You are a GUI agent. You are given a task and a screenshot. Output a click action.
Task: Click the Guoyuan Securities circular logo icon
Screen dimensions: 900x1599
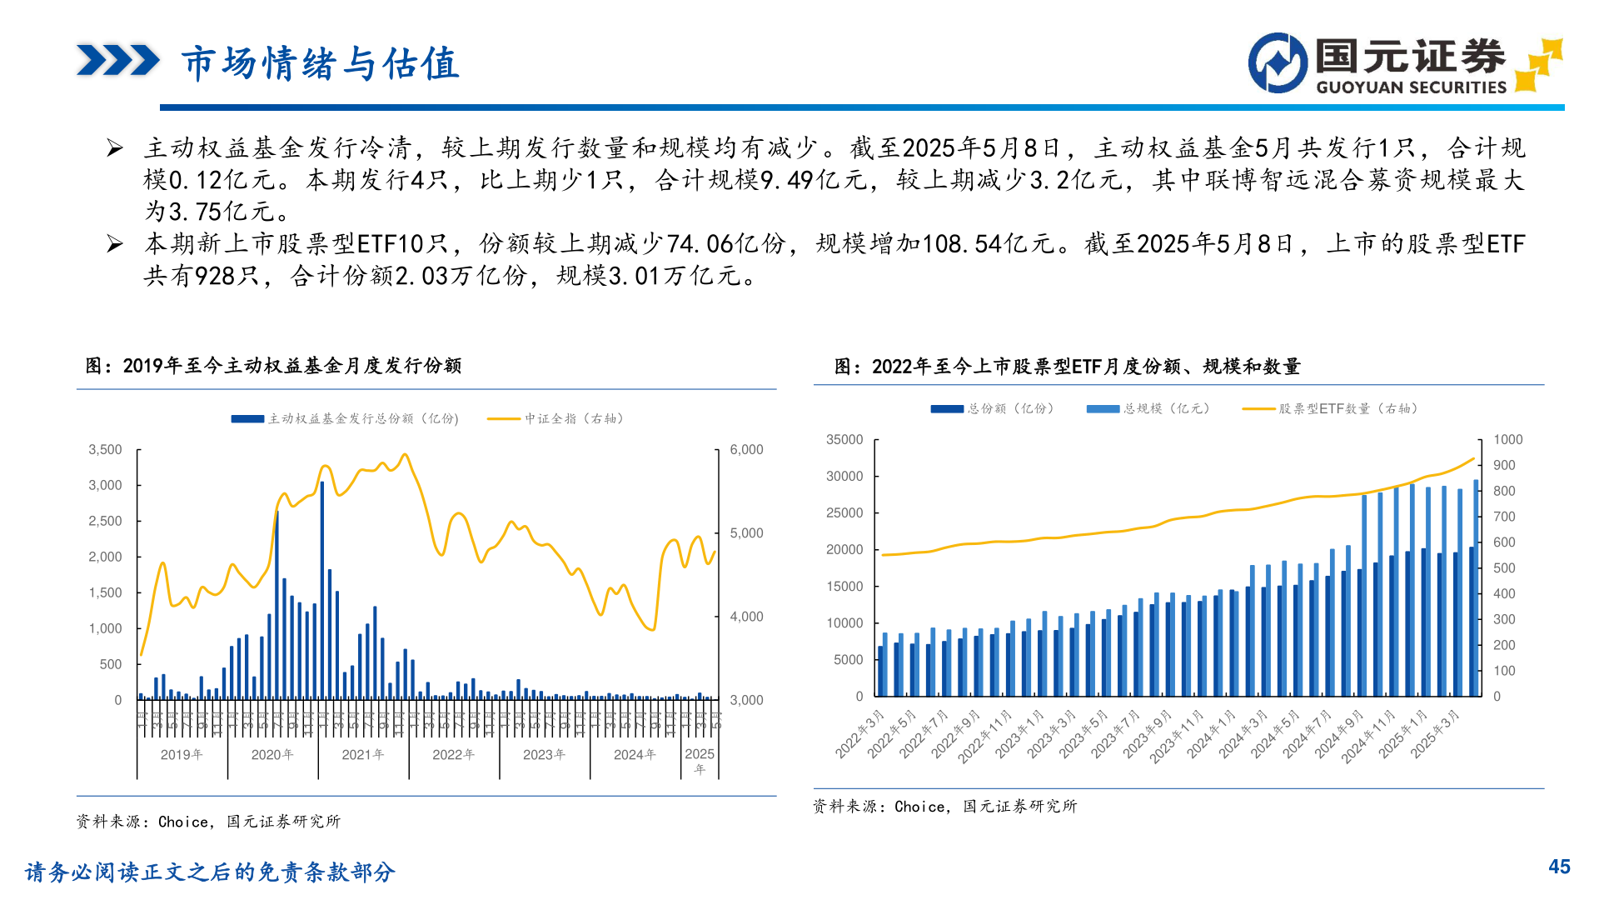1278,63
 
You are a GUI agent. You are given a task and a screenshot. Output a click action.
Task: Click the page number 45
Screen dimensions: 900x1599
1559,867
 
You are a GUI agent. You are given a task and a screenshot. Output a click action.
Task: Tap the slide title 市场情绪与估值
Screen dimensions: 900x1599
321,63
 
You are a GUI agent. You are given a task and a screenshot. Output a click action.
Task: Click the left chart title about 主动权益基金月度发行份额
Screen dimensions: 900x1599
273,366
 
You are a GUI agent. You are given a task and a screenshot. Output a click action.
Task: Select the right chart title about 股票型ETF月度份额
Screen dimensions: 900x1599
1067,367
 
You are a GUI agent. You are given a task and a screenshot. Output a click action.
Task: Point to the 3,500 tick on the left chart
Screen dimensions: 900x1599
105,450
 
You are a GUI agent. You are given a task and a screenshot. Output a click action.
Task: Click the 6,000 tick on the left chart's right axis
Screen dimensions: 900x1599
746,450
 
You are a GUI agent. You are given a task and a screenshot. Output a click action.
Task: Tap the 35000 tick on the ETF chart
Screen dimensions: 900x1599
844,440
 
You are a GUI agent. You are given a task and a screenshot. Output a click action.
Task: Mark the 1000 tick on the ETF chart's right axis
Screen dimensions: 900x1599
1507,440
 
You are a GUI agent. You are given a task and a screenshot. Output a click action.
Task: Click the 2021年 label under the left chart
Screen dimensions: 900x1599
363,755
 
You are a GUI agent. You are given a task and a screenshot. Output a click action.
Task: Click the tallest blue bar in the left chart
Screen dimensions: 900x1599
322,583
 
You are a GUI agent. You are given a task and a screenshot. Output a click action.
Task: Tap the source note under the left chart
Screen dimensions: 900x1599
208,822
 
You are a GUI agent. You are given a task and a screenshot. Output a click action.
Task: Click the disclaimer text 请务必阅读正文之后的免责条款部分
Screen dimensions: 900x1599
210,872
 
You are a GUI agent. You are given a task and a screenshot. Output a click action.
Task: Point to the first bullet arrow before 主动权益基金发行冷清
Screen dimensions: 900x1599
115,149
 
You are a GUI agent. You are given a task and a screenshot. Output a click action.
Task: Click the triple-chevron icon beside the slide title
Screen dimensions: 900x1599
117,61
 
